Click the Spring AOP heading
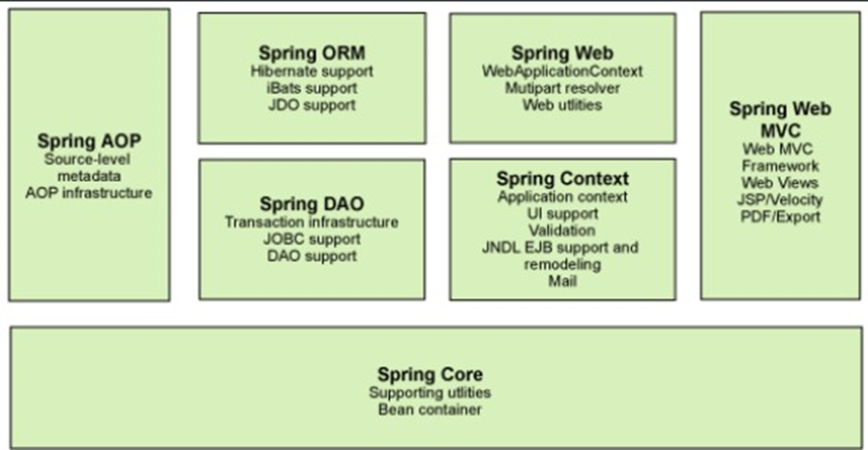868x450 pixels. [x=89, y=141]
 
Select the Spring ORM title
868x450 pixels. [x=312, y=52]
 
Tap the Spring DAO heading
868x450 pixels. [x=312, y=204]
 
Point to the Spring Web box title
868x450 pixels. [x=562, y=53]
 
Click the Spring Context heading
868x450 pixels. [x=562, y=179]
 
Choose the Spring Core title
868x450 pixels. [x=430, y=375]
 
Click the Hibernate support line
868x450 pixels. [x=312, y=71]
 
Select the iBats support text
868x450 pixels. [x=312, y=88]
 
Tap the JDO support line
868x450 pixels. [x=312, y=105]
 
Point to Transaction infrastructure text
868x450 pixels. [x=312, y=222]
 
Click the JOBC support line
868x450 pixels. [x=312, y=239]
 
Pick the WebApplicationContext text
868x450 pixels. [x=562, y=71]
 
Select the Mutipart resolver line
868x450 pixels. [x=562, y=88]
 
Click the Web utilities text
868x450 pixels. [x=562, y=105]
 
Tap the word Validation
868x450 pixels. [x=562, y=230]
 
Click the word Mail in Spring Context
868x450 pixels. [x=562, y=282]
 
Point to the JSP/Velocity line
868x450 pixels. [x=781, y=199]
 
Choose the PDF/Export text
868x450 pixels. [x=781, y=217]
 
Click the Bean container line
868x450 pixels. [x=430, y=409]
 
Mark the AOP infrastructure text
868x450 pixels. [x=89, y=193]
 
